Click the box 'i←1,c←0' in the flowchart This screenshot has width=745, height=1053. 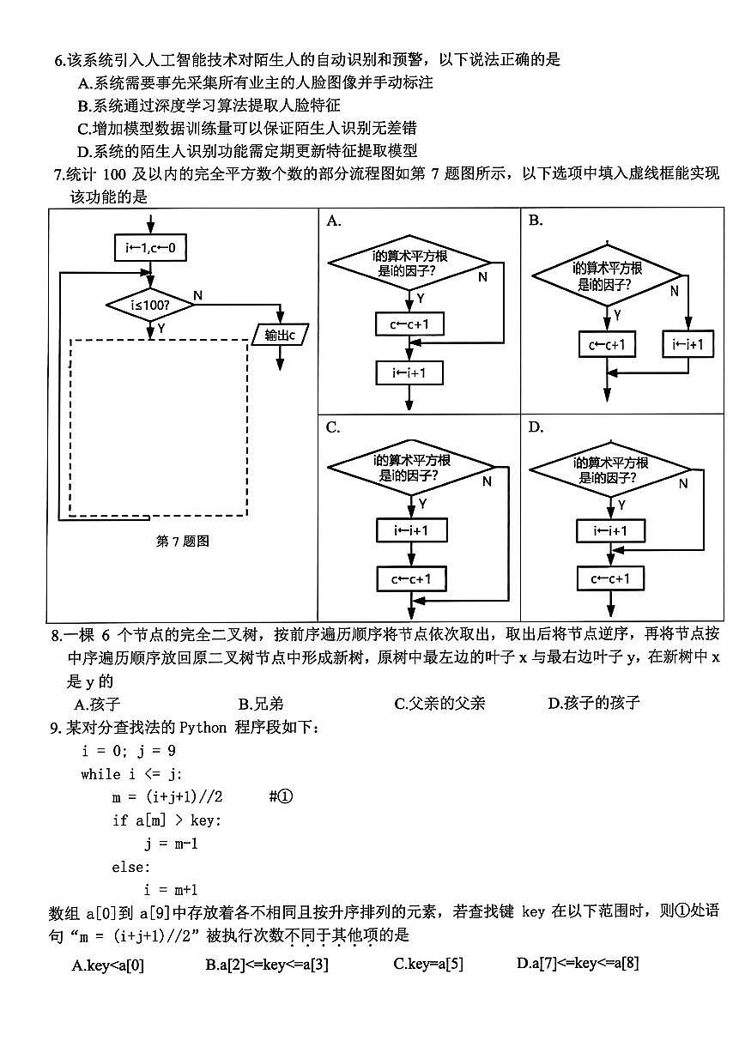(x=150, y=248)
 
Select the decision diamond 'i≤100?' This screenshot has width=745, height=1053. (x=150, y=304)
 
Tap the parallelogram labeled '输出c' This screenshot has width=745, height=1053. (x=280, y=335)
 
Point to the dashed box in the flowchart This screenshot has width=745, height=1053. (x=159, y=428)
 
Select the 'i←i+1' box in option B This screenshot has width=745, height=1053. (x=688, y=345)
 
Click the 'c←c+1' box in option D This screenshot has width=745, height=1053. (x=609, y=578)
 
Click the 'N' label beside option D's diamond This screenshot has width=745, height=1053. (x=683, y=484)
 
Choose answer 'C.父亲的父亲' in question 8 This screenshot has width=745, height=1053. (x=439, y=704)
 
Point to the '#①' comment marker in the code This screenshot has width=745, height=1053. (x=281, y=796)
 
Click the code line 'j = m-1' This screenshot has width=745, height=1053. (x=172, y=844)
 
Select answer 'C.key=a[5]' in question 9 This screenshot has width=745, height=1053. (x=428, y=964)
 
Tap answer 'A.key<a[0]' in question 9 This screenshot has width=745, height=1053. (x=108, y=965)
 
